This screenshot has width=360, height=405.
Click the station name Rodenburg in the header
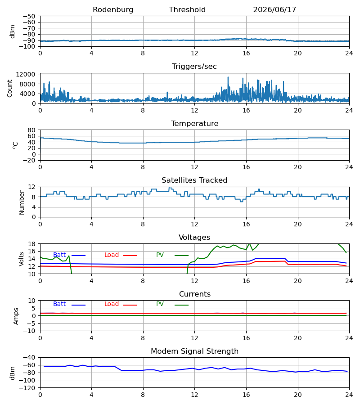(x=113, y=10)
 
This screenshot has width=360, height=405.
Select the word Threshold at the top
(x=187, y=10)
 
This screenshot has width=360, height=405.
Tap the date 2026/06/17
(x=274, y=10)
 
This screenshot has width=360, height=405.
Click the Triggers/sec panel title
(x=194, y=67)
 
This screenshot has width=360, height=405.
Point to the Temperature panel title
(x=194, y=123)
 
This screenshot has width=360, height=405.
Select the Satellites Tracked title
(x=194, y=180)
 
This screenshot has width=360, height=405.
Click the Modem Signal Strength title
(x=194, y=351)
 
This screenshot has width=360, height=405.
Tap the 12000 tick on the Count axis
(x=26, y=74)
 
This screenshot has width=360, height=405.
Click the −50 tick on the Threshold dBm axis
(x=29, y=16)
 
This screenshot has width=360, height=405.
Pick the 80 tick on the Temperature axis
(x=31, y=130)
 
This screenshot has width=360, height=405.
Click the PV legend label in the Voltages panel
(x=160, y=255)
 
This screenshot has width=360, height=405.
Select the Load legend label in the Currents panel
(x=112, y=304)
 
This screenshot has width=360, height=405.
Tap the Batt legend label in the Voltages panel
(x=59, y=255)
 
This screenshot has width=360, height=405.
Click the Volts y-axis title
(x=21, y=259)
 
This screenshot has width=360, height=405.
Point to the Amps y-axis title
(x=16, y=316)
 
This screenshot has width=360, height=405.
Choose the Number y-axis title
(x=22, y=202)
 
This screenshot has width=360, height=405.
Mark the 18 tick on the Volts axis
(x=31, y=244)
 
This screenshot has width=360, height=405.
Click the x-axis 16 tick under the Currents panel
(x=246, y=338)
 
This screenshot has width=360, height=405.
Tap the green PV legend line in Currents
(x=181, y=305)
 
